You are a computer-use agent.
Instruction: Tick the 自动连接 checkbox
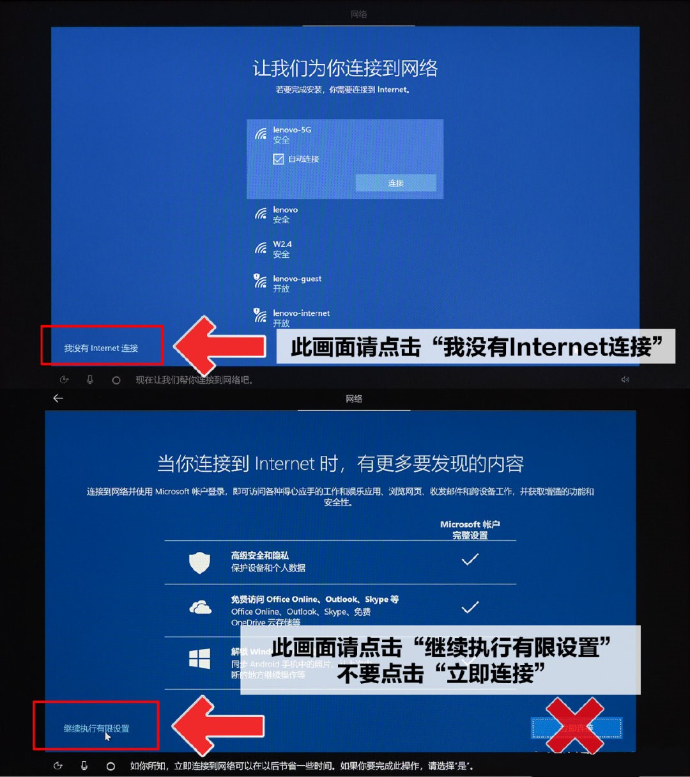click(279, 159)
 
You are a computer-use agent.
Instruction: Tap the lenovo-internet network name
click(301, 313)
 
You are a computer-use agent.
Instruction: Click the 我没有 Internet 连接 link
click(101, 349)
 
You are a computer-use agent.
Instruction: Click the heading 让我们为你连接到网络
click(345, 68)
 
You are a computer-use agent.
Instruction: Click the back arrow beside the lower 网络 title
click(58, 398)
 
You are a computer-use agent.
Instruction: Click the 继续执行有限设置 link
click(96, 728)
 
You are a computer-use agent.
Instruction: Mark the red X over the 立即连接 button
click(574, 726)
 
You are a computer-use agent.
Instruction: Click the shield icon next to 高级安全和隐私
click(200, 563)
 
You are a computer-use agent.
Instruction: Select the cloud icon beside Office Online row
click(201, 608)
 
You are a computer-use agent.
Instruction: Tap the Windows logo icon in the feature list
click(200, 659)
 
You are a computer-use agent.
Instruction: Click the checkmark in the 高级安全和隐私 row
click(470, 560)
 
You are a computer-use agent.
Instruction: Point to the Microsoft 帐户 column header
click(470, 530)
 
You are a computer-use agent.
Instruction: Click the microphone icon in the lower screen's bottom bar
click(84, 765)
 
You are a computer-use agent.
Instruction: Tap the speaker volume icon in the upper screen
click(625, 380)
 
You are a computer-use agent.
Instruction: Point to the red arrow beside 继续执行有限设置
click(218, 726)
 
